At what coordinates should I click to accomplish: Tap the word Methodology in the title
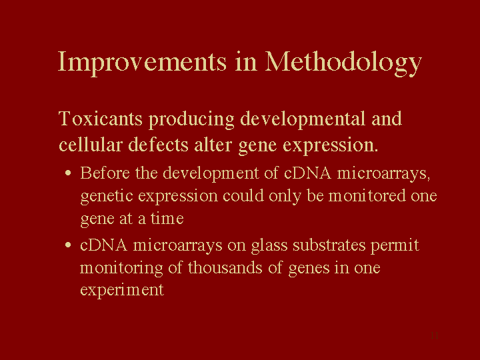[x=343, y=63]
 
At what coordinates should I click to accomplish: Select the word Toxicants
[x=101, y=119]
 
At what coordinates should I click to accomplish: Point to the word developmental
[x=303, y=119]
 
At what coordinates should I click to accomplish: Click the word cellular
[x=91, y=145]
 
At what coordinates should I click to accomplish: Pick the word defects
[x=158, y=145]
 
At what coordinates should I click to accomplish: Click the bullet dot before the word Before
[x=68, y=173]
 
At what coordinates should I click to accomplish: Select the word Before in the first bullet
[x=105, y=173]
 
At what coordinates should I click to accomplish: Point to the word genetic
[x=107, y=197]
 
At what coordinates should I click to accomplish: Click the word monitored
[x=367, y=195]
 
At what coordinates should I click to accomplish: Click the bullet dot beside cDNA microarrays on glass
[x=68, y=245]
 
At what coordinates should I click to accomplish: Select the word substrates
[x=329, y=245]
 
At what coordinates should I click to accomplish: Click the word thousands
[x=225, y=267]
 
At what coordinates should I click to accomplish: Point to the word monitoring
[x=121, y=268]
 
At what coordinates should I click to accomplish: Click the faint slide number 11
[x=435, y=335]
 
